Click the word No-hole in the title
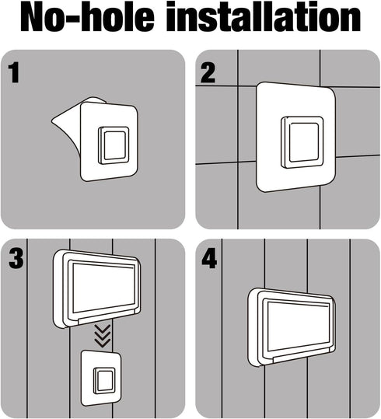(x=87, y=18)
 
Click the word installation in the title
(x=264, y=18)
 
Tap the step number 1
(x=14, y=72)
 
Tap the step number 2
(x=208, y=73)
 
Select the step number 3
(x=16, y=258)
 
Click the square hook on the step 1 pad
(x=114, y=145)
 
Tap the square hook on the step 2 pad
(x=302, y=142)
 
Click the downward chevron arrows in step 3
(x=103, y=336)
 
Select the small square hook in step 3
(x=104, y=381)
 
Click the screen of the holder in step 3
(x=104, y=288)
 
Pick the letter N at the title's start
(x=32, y=18)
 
